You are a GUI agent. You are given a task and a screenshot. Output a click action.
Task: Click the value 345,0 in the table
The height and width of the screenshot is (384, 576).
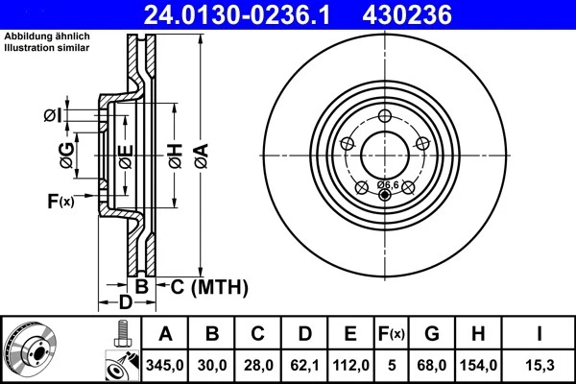[x=165, y=366]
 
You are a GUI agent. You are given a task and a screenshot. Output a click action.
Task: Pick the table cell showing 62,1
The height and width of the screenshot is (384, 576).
[x=304, y=366]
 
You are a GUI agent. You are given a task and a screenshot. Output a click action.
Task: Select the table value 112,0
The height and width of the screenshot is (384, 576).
[x=351, y=366]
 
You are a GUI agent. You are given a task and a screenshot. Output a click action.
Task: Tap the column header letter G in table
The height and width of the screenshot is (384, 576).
[x=431, y=335]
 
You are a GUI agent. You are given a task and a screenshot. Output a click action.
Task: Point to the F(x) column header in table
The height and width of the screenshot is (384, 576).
[x=392, y=335]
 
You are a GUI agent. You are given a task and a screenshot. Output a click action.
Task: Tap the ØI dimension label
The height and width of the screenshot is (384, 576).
[x=53, y=116]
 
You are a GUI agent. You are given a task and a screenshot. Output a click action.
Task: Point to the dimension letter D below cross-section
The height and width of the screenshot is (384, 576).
[x=125, y=303]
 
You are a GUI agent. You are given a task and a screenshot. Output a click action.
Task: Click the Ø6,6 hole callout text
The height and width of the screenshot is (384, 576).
[x=388, y=183]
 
